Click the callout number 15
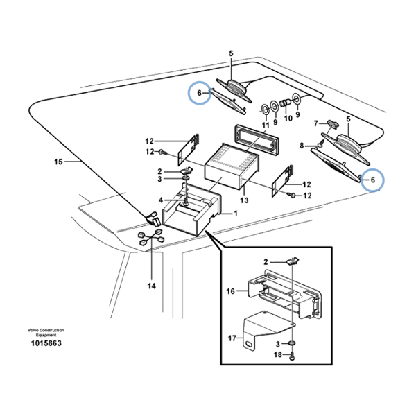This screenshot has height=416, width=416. click(x=58, y=162)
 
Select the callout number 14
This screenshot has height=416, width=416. click(x=151, y=285)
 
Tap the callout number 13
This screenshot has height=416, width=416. click(x=243, y=200)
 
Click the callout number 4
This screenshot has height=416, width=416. click(x=161, y=200)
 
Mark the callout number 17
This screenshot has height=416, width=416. click(x=232, y=338)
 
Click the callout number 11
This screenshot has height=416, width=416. click(x=265, y=125)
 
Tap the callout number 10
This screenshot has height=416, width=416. click(x=288, y=118)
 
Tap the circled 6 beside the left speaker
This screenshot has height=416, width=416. click(x=200, y=93)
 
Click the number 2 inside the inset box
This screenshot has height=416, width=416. click(x=265, y=261)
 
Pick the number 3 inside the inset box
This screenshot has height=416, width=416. click(x=277, y=343)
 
